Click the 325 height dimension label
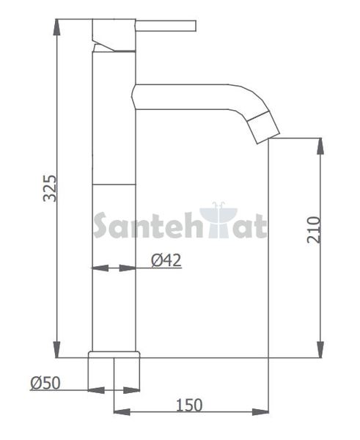[x=50, y=188]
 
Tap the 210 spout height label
[x=314, y=230]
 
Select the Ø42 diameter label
[x=166, y=260]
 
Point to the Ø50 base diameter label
[x=45, y=383]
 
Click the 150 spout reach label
[x=189, y=406]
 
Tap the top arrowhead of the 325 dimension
[x=56, y=27]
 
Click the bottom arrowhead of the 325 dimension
[x=56, y=350]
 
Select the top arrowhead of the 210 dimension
[x=320, y=146]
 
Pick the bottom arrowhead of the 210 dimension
[x=320, y=350]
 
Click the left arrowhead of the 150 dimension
[x=122, y=412]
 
